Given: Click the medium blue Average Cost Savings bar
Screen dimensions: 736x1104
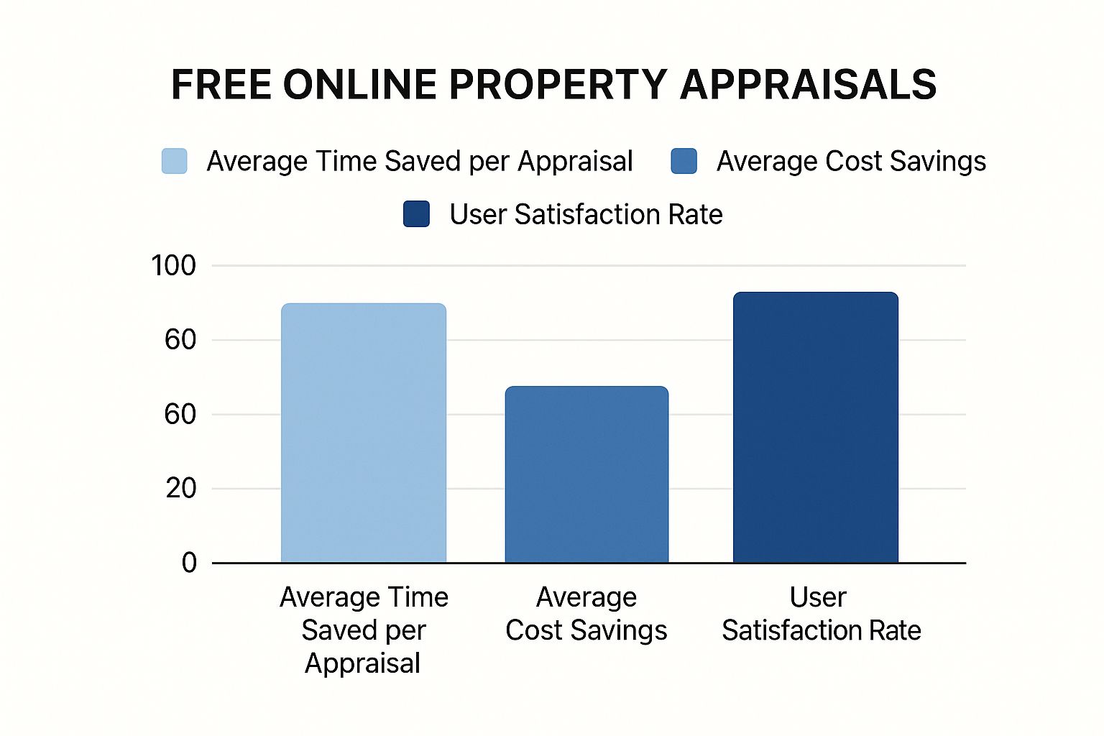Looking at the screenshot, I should [x=586, y=474].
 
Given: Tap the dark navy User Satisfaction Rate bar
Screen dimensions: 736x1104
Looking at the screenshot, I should [x=815, y=427].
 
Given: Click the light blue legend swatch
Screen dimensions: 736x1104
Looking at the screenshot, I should [x=175, y=161].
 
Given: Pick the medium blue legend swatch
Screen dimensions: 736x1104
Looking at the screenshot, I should [x=684, y=161].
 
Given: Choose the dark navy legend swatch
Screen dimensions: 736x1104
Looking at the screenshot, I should [x=416, y=214].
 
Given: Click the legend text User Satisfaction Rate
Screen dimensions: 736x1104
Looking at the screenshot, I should [x=586, y=214].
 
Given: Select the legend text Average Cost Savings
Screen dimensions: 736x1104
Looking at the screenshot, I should [x=851, y=161].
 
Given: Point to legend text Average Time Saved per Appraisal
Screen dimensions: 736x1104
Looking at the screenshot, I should [x=419, y=161].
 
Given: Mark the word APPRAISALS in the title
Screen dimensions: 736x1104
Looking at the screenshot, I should [x=808, y=85].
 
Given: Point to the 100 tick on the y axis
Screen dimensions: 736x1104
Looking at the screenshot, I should [x=173, y=266].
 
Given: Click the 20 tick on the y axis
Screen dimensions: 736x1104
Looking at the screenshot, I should [x=180, y=489].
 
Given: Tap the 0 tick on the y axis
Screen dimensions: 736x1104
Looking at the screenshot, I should [x=189, y=563].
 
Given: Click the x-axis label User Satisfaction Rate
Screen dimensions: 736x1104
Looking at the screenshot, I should [x=821, y=614].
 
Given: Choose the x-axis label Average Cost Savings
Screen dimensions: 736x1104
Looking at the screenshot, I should [x=586, y=614].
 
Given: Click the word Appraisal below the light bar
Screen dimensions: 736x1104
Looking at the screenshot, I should [x=362, y=663].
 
